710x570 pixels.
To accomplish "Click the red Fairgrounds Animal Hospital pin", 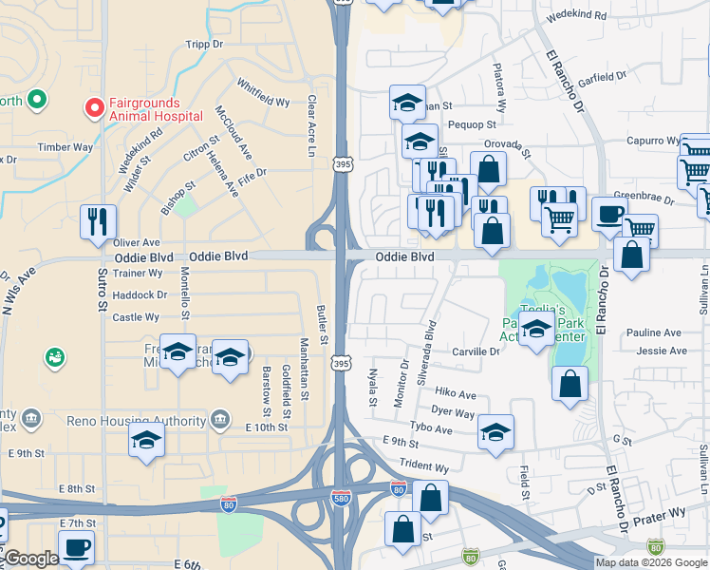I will [x=94, y=108].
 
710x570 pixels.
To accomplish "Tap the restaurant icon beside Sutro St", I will [x=99, y=221].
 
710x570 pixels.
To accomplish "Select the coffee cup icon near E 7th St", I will [x=76, y=547].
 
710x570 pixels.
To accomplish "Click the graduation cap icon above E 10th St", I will [x=146, y=440].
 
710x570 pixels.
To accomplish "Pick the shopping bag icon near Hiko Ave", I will [x=570, y=384].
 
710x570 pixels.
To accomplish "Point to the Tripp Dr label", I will [x=204, y=44].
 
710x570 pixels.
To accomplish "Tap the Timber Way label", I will [x=65, y=147].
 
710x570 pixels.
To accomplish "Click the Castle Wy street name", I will [x=136, y=317].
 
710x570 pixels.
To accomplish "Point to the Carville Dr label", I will [x=476, y=351].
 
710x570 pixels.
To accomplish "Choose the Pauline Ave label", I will [x=654, y=332].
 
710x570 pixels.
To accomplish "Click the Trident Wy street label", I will [x=423, y=466].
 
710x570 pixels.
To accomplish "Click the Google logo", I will [x=30, y=560].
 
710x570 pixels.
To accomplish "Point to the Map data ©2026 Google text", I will [x=651, y=562].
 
